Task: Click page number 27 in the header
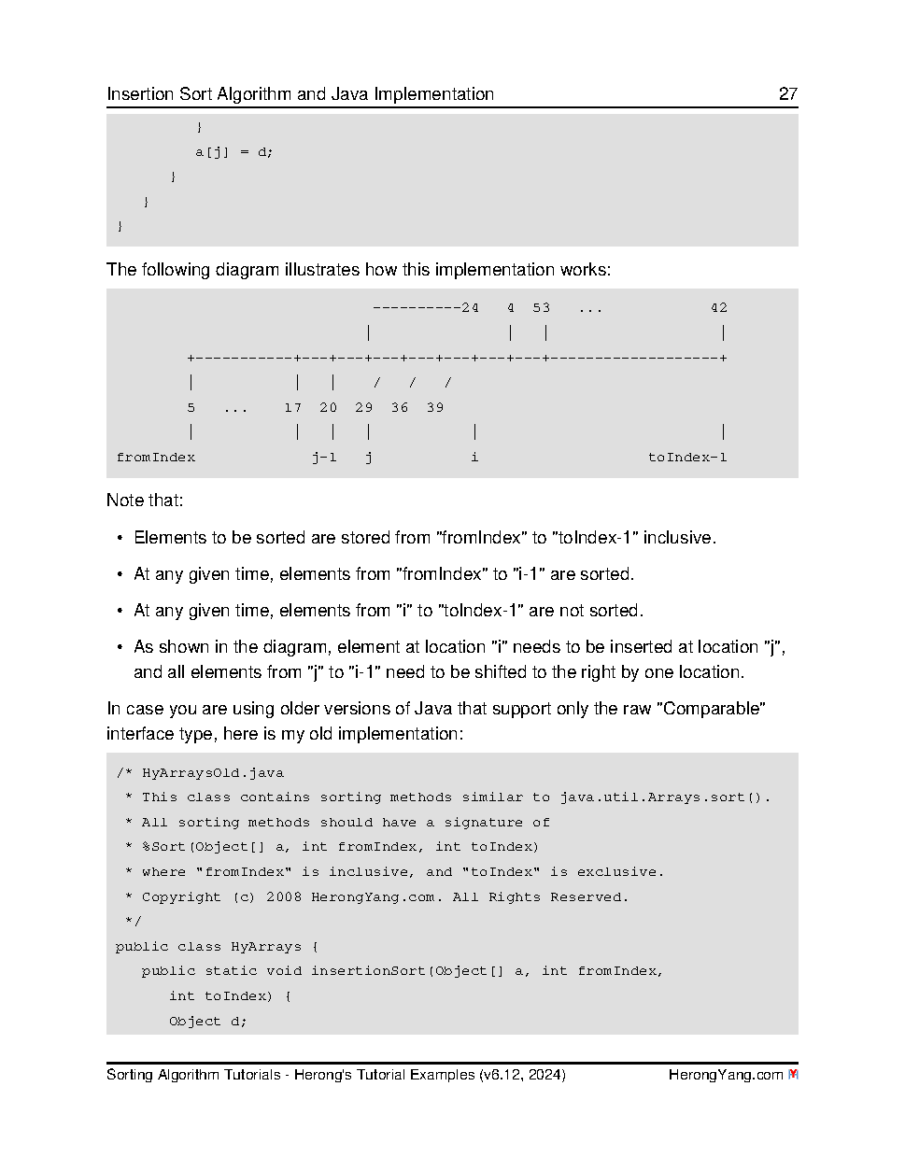pyautogui.click(x=787, y=94)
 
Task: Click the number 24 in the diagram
pyautogui.click(x=470, y=308)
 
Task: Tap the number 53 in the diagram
pyautogui.click(x=542, y=308)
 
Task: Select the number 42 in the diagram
pyautogui.click(x=718, y=308)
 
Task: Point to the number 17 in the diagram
pyautogui.click(x=293, y=408)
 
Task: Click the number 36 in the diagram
pyautogui.click(x=400, y=408)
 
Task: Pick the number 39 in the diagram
pyautogui.click(x=435, y=408)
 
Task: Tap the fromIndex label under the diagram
pyautogui.click(x=156, y=458)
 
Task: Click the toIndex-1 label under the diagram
pyautogui.click(x=687, y=458)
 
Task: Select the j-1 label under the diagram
pyautogui.click(x=324, y=458)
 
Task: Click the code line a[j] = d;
pyautogui.click(x=233, y=152)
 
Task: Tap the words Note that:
pyautogui.click(x=145, y=501)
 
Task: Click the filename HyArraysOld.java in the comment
pyautogui.click(x=213, y=773)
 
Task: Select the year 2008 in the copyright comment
pyautogui.click(x=284, y=897)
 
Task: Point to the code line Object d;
pyautogui.click(x=207, y=1022)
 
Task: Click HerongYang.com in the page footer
pyautogui.click(x=725, y=1075)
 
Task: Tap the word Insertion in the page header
pyautogui.click(x=140, y=94)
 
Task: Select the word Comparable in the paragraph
pyautogui.click(x=713, y=709)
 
